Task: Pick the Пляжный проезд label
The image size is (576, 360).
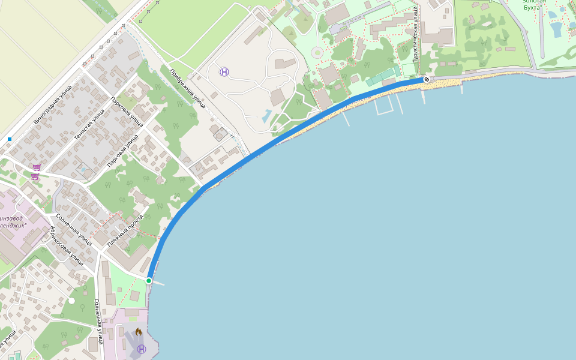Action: [125, 231]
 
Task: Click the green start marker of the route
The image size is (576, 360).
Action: [148, 281]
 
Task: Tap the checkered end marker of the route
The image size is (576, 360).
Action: [426, 79]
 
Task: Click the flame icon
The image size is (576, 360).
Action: [139, 331]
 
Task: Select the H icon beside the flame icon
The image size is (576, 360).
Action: [141, 349]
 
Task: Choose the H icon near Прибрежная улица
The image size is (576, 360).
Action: [224, 72]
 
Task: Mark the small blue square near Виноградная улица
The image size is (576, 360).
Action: [10, 139]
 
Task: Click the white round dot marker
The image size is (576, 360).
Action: [71, 300]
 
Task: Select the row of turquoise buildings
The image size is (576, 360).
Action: [381, 78]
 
